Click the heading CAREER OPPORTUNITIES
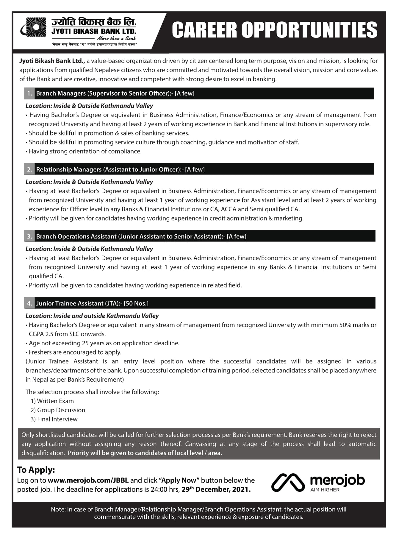tap(274, 30)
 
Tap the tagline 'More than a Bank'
tap(116, 38)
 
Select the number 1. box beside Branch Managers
tap(29, 93)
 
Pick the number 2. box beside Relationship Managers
tap(29, 170)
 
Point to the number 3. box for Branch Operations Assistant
tap(29, 237)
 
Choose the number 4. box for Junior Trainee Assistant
tap(29, 304)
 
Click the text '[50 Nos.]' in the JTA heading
tap(136, 304)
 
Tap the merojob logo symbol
tap(288, 483)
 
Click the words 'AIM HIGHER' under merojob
tap(325, 490)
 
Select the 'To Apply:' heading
tap(36, 470)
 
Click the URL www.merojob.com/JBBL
tap(88, 480)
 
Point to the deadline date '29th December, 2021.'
tap(216, 490)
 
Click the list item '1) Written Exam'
tap(52, 401)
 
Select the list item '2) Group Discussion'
tap(58, 410)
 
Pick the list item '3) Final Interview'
tap(54, 419)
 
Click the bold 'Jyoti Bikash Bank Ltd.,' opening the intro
tap(52, 61)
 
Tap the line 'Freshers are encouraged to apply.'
tap(75, 352)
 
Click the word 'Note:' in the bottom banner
tap(58, 510)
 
